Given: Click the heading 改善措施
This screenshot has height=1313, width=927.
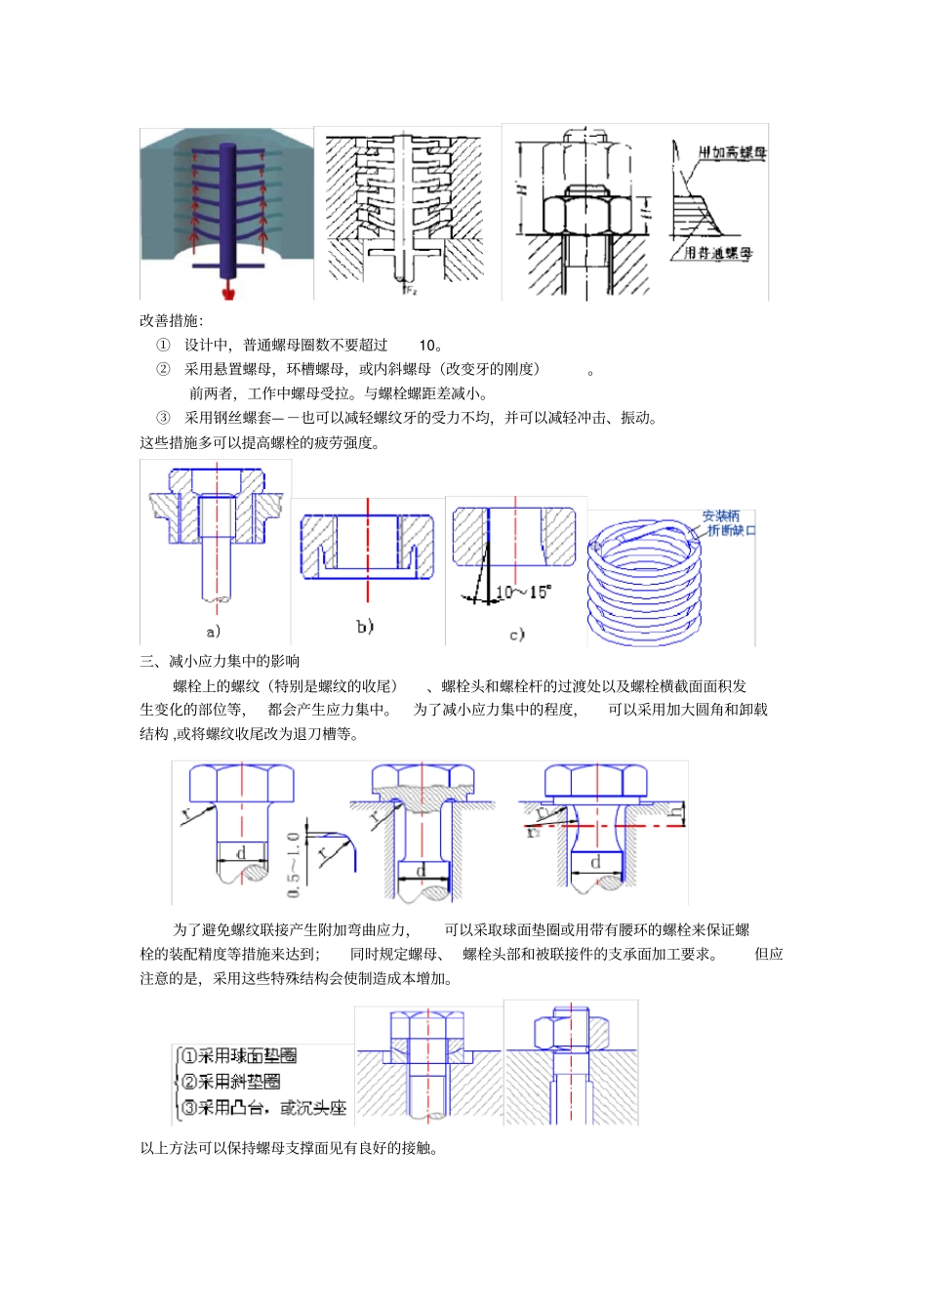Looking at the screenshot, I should point(171,320).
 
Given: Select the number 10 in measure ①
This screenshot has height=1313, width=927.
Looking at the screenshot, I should point(429,345).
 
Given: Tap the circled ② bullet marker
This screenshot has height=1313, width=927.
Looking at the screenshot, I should point(163,369).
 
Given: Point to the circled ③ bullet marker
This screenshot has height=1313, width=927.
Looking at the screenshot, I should point(163,418).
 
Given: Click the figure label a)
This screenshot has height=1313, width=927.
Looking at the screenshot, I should point(214,632).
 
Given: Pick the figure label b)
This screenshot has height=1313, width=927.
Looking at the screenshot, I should point(365,626).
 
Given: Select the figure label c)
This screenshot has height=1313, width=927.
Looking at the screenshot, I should point(516,635).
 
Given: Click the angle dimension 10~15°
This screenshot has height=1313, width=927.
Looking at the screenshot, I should point(523,592).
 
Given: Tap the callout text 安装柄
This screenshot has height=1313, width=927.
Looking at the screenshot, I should point(721,515).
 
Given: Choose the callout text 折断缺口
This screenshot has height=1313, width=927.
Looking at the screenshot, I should point(731,530).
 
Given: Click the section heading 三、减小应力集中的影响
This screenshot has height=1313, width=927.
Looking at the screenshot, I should point(220,661).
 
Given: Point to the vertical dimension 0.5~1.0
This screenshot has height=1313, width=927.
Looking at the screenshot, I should point(294,865).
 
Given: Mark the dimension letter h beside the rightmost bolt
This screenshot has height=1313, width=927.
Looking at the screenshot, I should point(674,810).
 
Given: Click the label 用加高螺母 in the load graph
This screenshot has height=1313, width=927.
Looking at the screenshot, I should point(732,152).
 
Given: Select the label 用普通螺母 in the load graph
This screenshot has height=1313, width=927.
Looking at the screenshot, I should point(718,253).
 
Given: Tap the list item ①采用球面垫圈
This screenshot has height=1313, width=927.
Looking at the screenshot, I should point(239,1056).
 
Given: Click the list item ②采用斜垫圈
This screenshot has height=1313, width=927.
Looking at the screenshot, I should point(231,1082).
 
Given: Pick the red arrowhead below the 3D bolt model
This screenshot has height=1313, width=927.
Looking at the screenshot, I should point(229,291).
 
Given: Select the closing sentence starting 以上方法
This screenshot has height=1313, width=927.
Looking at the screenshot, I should point(289,1148).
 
